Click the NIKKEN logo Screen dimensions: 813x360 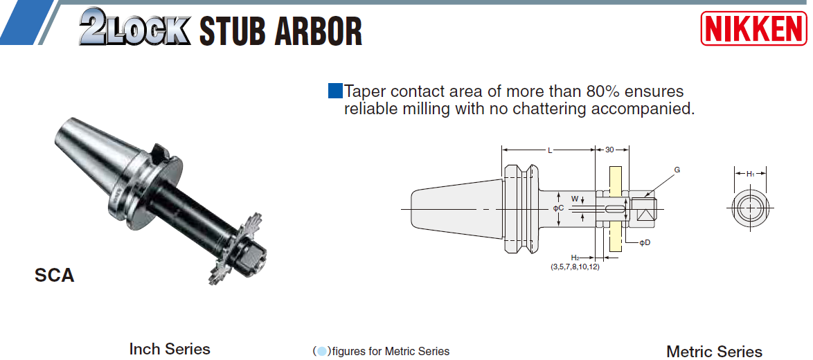(754, 28)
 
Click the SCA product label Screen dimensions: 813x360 (55, 276)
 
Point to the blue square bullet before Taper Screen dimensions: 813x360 (335, 91)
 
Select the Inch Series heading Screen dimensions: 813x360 (170, 349)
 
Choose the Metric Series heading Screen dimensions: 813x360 (714, 351)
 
